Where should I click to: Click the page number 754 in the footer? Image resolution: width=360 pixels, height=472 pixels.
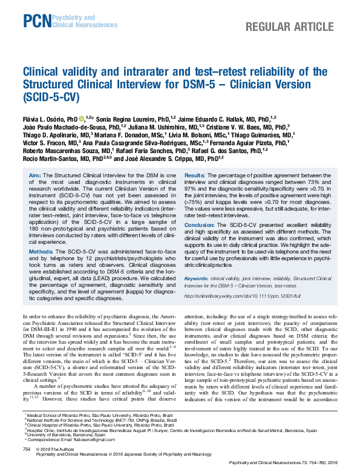[27, 450]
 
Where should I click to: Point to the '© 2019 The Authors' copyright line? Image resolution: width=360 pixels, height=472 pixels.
[56, 450]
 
